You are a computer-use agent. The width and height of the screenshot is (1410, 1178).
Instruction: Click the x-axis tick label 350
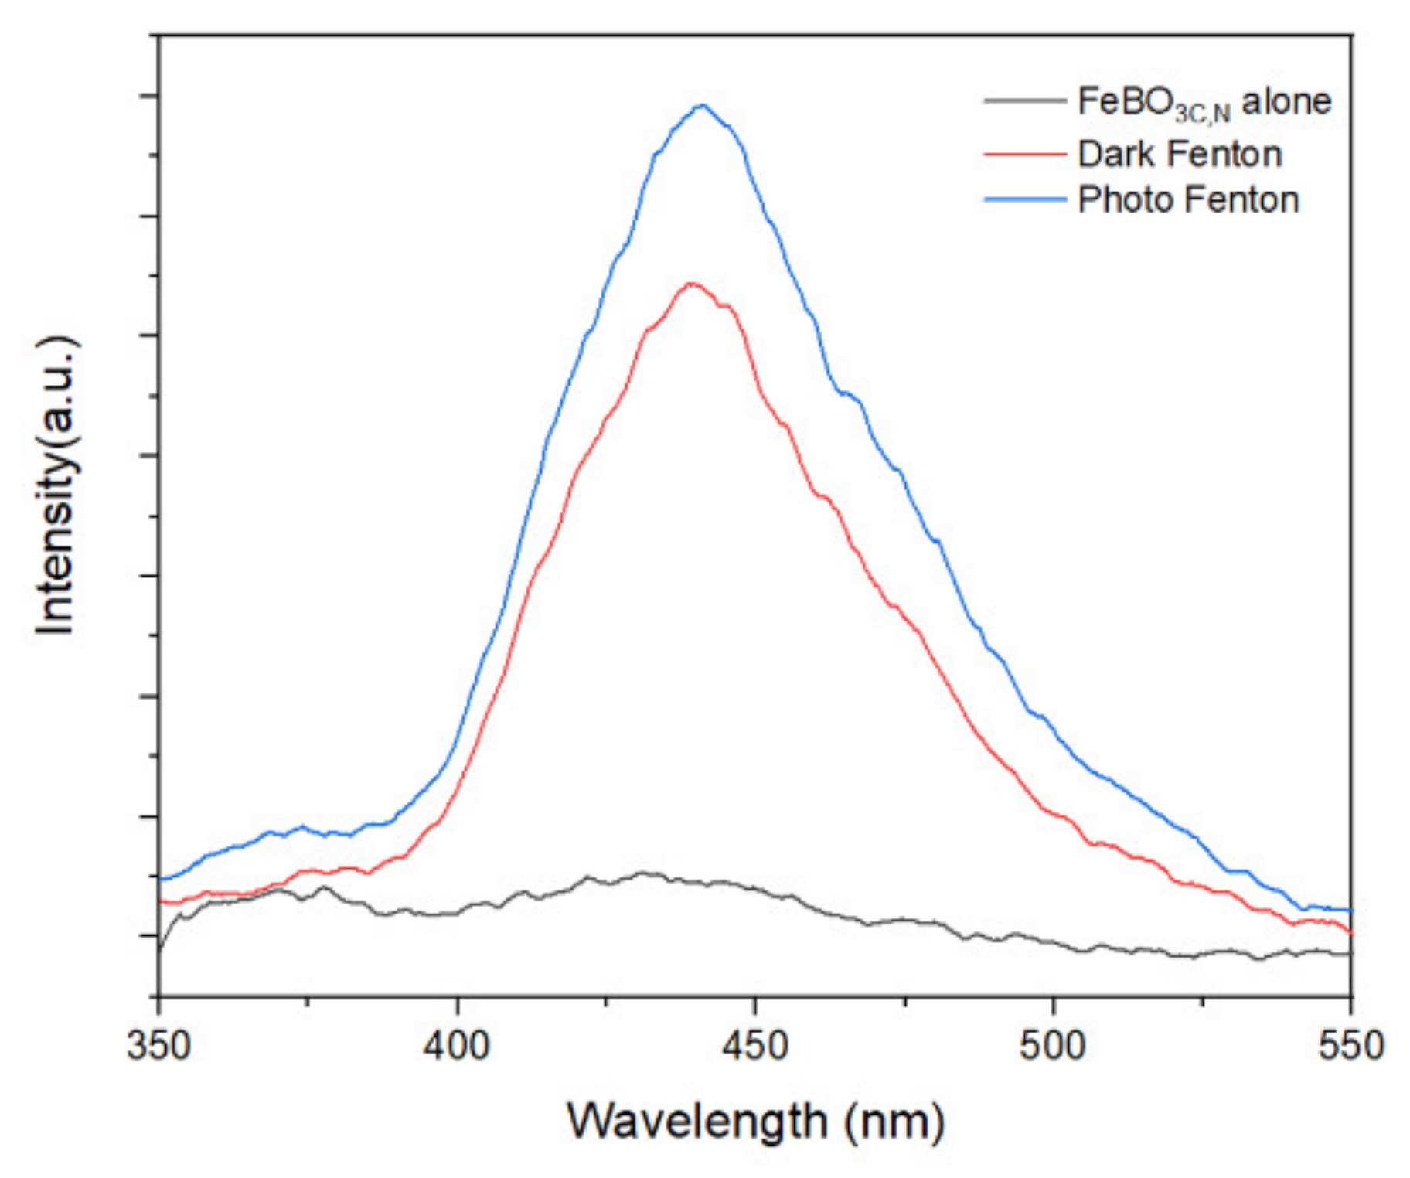pyautogui.click(x=158, y=1047)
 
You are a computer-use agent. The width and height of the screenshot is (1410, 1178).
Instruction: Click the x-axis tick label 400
pyautogui.click(x=457, y=1047)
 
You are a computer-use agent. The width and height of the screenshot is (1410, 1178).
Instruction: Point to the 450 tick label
pyautogui.click(x=754, y=1047)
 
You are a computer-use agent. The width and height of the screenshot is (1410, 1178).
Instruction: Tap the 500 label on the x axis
pyautogui.click(x=1052, y=1047)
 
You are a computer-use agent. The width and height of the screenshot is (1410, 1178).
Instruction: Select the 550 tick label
pyautogui.click(x=1350, y=1047)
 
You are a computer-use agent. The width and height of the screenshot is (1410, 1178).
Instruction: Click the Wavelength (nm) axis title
pyautogui.click(x=755, y=1121)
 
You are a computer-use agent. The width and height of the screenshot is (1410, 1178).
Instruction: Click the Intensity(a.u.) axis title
pyautogui.click(x=56, y=485)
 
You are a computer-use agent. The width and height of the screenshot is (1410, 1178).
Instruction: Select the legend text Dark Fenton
pyautogui.click(x=1180, y=154)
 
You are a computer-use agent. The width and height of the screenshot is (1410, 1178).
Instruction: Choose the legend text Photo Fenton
pyautogui.click(x=1188, y=200)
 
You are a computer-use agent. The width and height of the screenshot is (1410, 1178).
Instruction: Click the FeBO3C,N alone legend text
pyautogui.click(x=1204, y=102)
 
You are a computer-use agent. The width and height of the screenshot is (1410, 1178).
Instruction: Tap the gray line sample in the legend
pyautogui.click(x=1023, y=101)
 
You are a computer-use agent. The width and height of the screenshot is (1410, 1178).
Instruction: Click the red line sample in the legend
pyautogui.click(x=1023, y=155)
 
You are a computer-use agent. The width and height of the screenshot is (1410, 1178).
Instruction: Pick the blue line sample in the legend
pyautogui.click(x=1023, y=200)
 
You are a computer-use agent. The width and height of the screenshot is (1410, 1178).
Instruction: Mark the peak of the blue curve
pyautogui.click(x=702, y=105)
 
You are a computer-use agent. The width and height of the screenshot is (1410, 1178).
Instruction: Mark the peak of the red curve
pyautogui.click(x=691, y=283)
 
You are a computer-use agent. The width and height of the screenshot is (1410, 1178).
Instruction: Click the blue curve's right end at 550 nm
pyautogui.click(x=1350, y=911)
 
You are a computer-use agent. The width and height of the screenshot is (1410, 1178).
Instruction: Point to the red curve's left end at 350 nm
pyautogui.click(x=161, y=901)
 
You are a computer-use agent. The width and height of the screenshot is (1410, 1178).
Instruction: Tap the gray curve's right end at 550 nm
pyautogui.click(x=1350, y=954)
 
